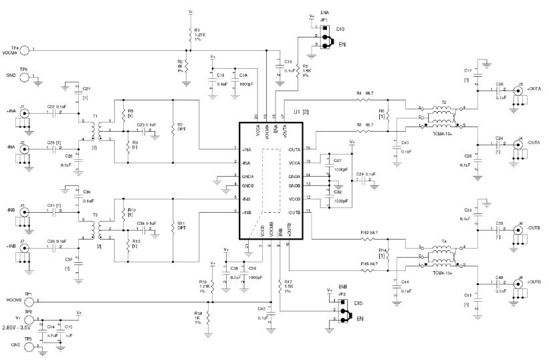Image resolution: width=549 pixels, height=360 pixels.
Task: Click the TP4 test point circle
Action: pos(26,50)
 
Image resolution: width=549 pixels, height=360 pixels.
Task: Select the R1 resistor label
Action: pos(197,30)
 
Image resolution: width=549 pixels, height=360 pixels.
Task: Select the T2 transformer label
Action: pos(443,103)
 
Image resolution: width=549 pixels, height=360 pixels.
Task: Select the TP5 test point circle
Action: pos(26,78)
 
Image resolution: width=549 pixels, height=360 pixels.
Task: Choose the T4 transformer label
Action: pos(443,241)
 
